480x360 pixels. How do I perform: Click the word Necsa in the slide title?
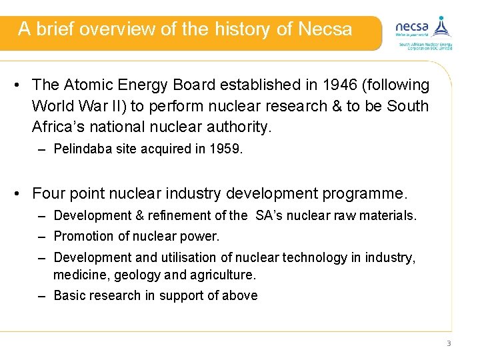(325, 29)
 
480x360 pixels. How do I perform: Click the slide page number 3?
(449, 343)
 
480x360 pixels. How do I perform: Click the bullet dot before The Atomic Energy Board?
(20, 85)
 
